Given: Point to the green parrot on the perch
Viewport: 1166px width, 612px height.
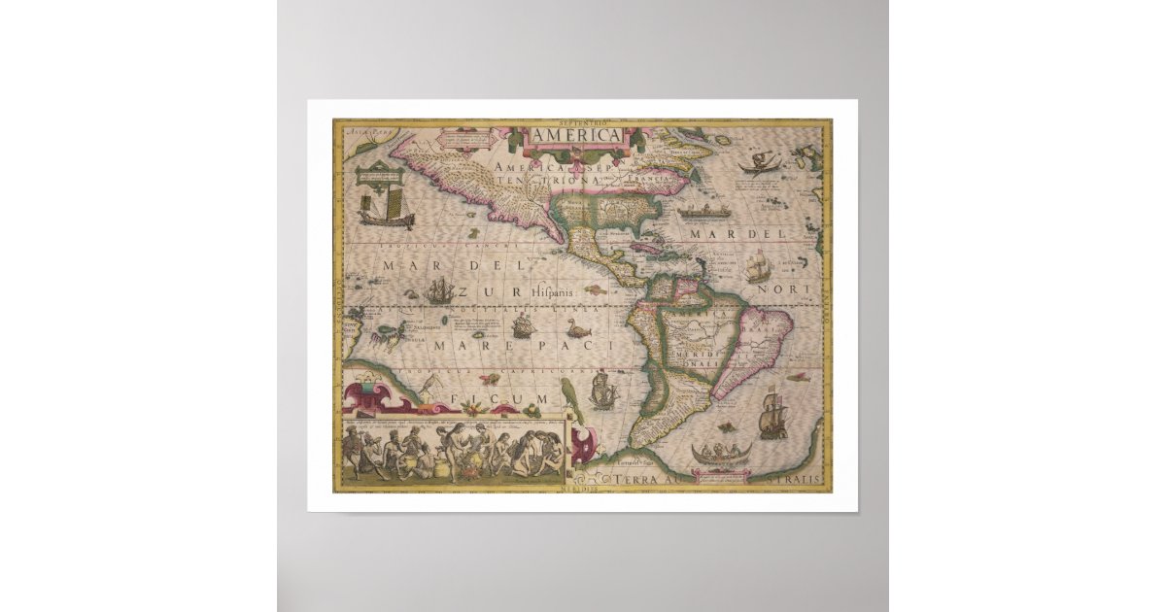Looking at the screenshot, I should pyautogui.click(x=569, y=399).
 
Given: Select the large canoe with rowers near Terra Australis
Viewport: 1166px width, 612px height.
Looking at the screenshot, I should pyautogui.click(x=720, y=454).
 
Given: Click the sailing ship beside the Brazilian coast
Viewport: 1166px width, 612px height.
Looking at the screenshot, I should pyautogui.click(x=773, y=413).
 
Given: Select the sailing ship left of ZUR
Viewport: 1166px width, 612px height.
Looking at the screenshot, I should pyautogui.click(x=438, y=289).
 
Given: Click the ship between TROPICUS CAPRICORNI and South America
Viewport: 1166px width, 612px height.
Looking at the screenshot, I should pyautogui.click(x=604, y=389).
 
